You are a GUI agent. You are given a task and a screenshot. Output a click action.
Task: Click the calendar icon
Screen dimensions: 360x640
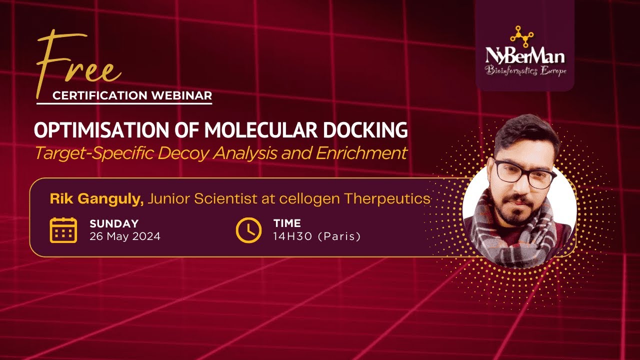(x=63, y=230)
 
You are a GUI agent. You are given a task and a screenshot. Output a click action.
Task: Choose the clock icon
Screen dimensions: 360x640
(x=248, y=230)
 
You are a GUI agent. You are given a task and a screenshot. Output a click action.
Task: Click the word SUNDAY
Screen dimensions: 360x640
(x=114, y=224)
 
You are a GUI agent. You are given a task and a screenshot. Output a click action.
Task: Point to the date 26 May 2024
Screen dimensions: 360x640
(x=125, y=236)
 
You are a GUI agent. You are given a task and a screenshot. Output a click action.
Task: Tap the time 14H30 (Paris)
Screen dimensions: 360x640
(x=316, y=236)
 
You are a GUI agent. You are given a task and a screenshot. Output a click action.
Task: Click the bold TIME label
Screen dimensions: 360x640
(x=287, y=224)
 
